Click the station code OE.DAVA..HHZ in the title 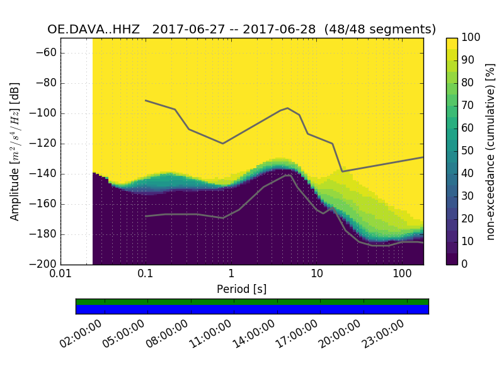coord(96,30)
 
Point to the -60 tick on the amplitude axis coord(48,53)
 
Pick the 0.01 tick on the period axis coord(60,275)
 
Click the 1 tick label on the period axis coord(231,275)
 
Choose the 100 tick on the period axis coord(402,275)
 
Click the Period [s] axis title coord(241,289)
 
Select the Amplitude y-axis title coord(15,151)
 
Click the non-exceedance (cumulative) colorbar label coord(492,151)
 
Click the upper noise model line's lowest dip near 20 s coord(342,171)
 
